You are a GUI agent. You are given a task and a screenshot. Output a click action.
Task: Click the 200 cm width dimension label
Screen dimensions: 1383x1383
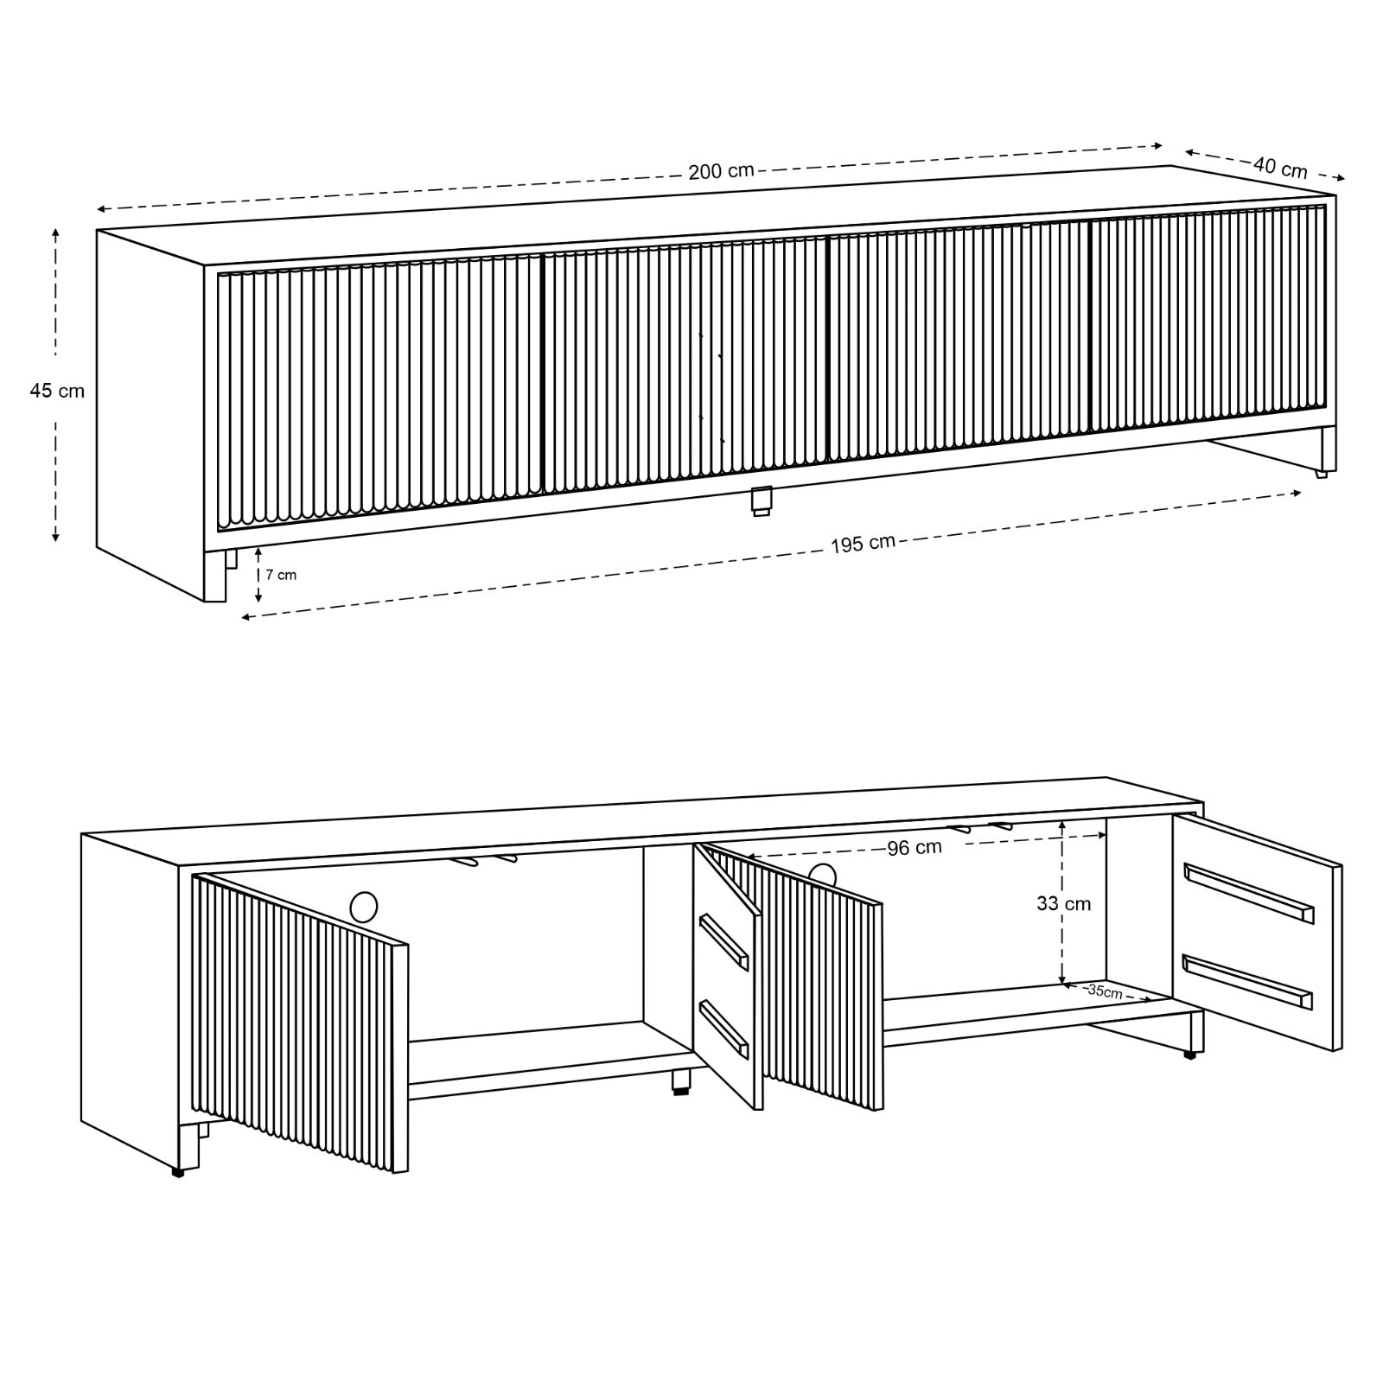coord(721,171)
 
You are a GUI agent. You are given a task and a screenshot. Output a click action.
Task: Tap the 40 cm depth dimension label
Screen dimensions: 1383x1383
coord(1280,167)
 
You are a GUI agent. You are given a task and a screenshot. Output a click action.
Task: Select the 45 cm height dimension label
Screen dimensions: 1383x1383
coord(57,391)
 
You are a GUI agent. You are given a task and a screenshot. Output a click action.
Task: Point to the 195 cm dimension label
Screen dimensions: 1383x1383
coord(863,544)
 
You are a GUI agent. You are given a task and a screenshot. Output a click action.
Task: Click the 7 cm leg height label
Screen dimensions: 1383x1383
coord(281,575)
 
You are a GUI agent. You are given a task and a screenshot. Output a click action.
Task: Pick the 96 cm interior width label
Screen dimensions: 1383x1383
coord(915,848)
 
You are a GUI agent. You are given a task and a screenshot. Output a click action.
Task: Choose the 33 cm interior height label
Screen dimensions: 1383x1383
coord(1063,904)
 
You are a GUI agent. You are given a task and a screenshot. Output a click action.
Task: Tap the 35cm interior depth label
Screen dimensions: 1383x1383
coord(1105,991)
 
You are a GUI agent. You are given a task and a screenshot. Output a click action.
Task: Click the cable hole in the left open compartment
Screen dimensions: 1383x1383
coord(364,907)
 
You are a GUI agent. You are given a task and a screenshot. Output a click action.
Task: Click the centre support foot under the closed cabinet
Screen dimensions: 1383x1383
coord(761,501)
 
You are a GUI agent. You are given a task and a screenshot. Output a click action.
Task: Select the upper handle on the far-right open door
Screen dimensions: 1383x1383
coord(1248,893)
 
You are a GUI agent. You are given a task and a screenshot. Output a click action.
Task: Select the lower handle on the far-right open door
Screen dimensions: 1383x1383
coord(1247,981)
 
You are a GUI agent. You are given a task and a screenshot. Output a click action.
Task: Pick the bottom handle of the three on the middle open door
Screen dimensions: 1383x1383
coord(723,1029)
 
